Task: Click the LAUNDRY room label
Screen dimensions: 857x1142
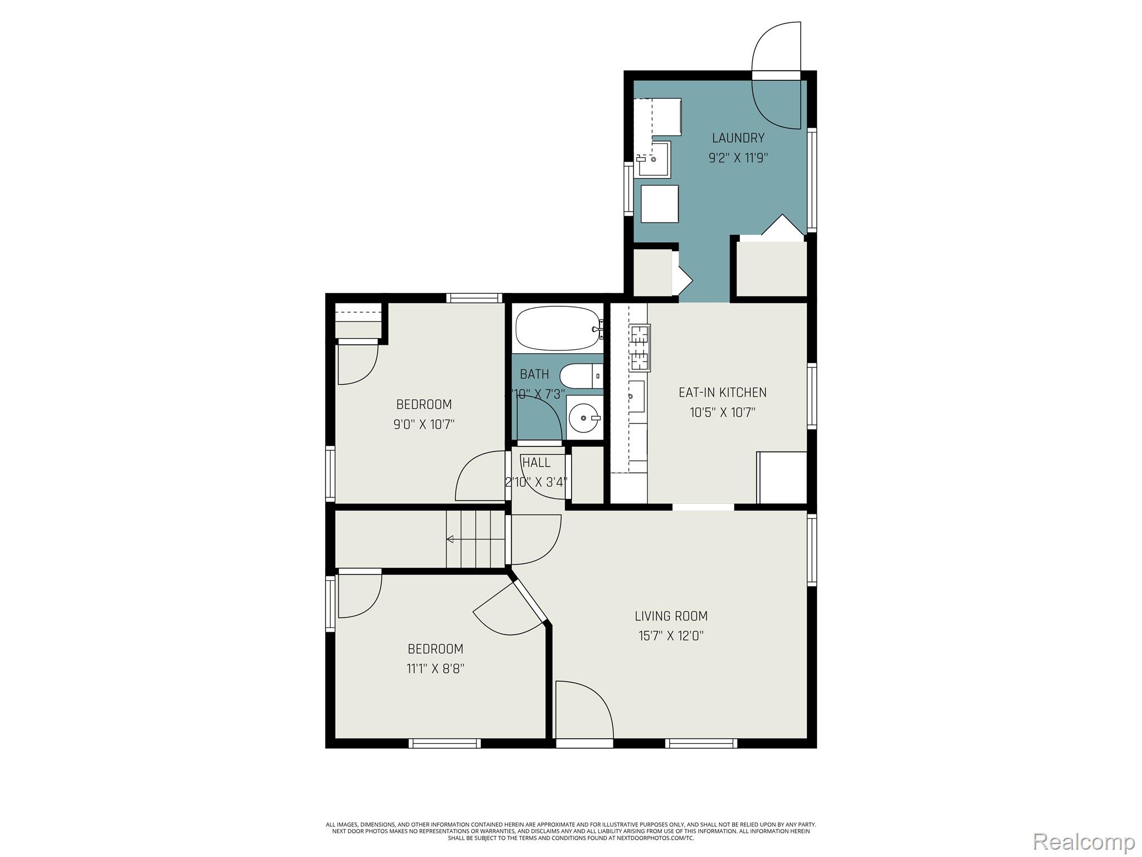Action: click(x=738, y=138)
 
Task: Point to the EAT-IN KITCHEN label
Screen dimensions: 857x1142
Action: click(x=722, y=392)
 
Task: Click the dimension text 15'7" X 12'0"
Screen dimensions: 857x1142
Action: click(x=671, y=635)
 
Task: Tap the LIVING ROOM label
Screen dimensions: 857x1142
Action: click(x=671, y=616)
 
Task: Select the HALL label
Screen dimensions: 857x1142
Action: click(x=536, y=463)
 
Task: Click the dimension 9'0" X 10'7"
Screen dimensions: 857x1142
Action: click(x=424, y=424)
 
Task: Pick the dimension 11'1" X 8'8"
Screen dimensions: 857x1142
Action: click(x=435, y=668)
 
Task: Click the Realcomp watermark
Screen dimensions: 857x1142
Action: click(x=1083, y=840)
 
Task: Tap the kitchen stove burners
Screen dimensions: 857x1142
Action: click(x=639, y=348)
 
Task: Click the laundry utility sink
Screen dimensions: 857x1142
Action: click(x=654, y=159)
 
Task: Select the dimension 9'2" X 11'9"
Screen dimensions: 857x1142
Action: click(x=738, y=158)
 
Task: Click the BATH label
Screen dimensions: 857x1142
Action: click(x=534, y=374)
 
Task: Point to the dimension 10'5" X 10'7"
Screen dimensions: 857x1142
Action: click(x=722, y=413)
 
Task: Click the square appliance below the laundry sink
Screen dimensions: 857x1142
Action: click(x=660, y=204)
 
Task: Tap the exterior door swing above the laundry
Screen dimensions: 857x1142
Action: click(x=776, y=47)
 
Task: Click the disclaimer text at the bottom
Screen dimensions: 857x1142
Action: click(x=570, y=846)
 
